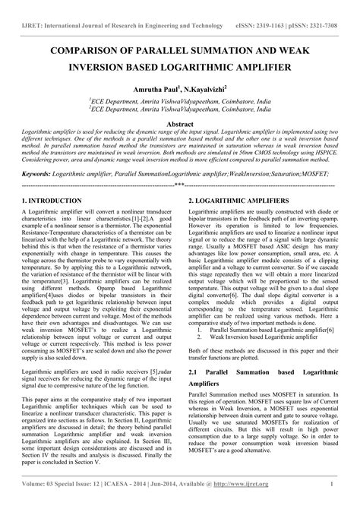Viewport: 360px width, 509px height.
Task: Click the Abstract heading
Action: coord(180,123)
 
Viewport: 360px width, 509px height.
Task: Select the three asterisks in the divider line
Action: coord(179,184)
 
